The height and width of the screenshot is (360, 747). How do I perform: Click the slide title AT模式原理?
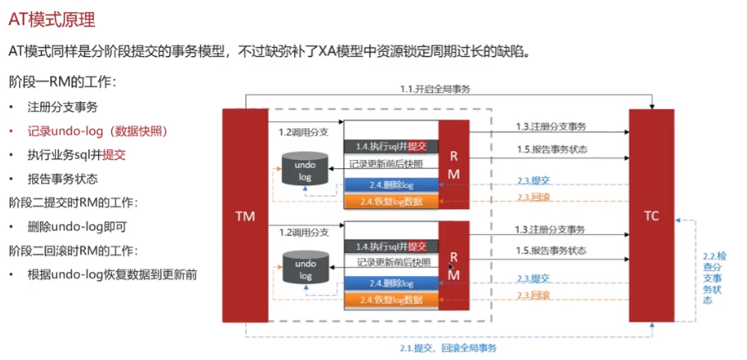(x=52, y=21)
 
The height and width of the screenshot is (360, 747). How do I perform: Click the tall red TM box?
(x=245, y=216)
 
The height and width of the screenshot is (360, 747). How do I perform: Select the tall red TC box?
(x=651, y=216)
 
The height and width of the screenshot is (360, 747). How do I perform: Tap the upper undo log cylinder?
(x=305, y=168)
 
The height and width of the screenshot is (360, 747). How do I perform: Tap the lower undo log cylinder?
(x=305, y=269)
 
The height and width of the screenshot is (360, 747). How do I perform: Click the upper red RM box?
(x=454, y=165)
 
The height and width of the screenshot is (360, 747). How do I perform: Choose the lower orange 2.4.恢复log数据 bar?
(x=391, y=300)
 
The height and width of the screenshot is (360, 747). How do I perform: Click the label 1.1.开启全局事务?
(x=436, y=89)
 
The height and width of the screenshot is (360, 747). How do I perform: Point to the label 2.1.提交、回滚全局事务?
(x=448, y=348)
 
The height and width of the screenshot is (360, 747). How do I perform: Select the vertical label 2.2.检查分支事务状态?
(x=708, y=278)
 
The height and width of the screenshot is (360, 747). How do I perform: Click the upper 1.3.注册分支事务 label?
(x=551, y=126)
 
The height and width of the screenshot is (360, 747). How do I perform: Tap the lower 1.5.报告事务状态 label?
(x=552, y=250)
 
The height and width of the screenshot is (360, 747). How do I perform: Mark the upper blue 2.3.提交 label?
(x=534, y=180)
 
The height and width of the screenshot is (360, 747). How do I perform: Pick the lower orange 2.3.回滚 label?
(x=534, y=296)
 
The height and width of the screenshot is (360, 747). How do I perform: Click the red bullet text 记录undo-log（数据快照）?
(x=98, y=131)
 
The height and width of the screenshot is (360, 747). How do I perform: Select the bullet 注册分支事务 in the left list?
(x=63, y=107)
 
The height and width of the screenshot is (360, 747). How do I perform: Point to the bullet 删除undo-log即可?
(x=77, y=227)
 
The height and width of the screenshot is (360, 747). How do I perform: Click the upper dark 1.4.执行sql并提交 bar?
(x=391, y=147)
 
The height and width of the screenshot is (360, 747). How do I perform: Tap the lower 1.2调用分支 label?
(x=303, y=232)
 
